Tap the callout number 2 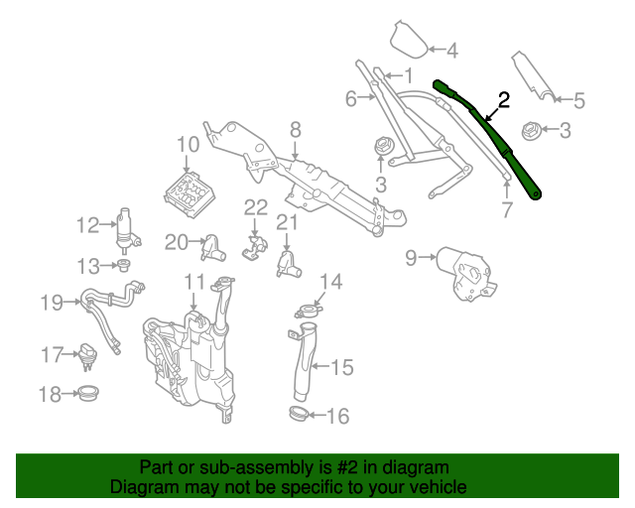point(503,99)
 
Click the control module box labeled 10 point(189,190)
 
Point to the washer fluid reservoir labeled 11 point(189,362)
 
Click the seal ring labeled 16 point(299,412)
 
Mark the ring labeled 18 point(88,394)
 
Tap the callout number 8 point(295,129)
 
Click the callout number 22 point(256,206)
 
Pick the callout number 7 point(506,209)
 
